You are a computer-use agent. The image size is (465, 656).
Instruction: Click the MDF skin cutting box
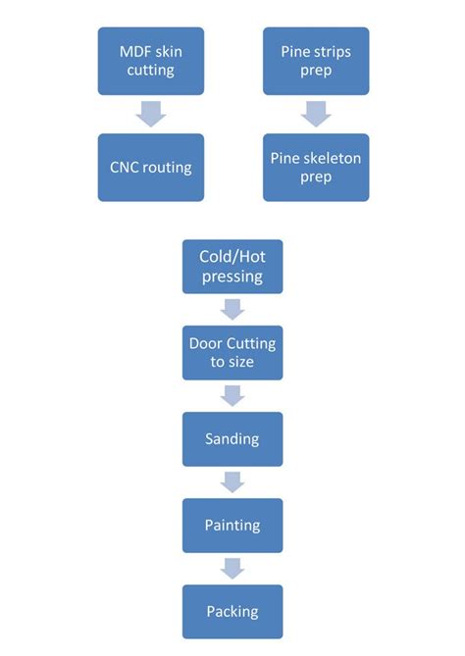point(151,61)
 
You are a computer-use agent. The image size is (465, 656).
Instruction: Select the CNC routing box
point(151,167)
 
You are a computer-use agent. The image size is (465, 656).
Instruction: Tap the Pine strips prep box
point(316,61)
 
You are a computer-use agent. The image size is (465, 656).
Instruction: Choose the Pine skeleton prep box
point(316,167)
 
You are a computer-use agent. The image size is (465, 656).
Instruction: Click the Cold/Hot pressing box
point(232,266)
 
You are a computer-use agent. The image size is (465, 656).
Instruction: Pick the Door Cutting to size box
point(232,352)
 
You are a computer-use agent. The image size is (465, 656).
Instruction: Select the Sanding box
point(232,438)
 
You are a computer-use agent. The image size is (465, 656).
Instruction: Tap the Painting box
point(232,525)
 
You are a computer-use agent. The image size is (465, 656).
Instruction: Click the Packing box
point(232,611)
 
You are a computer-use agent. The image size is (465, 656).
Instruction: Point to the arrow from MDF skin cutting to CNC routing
point(151,114)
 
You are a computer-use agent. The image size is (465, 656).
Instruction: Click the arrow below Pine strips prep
point(316,114)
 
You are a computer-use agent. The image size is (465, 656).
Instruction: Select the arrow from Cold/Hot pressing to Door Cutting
point(232,309)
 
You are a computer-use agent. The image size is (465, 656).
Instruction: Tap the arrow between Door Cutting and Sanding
point(232,395)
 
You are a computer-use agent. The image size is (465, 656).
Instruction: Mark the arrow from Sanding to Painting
point(232,481)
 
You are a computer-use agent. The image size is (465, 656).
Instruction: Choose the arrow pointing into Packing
point(232,568)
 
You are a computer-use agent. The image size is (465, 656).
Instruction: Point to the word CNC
point(127,167)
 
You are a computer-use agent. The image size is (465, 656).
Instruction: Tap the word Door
point(207,343)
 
